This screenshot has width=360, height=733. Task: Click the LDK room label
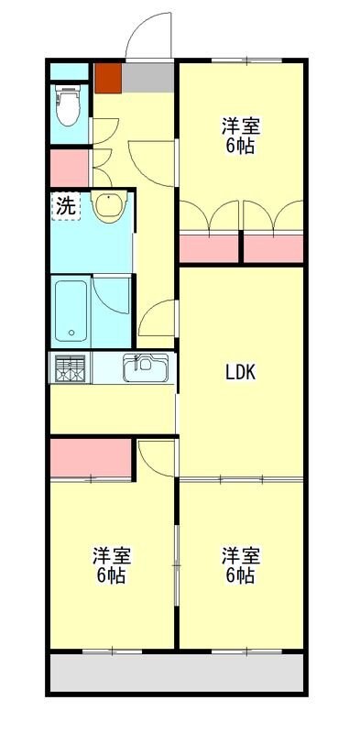(x=240, y=372)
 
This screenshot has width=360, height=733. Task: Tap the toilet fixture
(x=68, y=105)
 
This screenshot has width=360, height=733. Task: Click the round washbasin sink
(x=107, y=209)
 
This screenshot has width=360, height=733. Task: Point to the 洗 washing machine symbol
(x=65, y=206)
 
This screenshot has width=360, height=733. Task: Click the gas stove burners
(x=70, y=369)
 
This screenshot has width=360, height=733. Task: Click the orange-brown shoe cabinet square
(x=107, y=77)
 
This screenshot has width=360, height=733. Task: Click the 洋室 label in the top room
(x=240, y=126)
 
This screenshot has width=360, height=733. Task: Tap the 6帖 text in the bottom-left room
(x=110, y=576)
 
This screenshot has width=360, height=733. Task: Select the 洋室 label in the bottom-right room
(x=240, y=555)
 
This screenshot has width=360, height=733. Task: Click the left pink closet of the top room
(x=208, y=249)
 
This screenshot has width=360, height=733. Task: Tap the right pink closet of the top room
(x=273, y=249)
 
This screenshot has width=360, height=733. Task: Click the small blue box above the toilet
(x=68, y=71)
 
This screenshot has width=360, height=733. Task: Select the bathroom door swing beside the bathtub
(x=112, y=295)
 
